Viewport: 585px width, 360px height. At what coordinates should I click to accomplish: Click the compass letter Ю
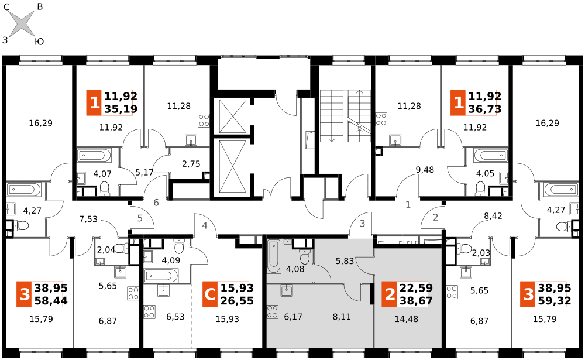tap(39, 41)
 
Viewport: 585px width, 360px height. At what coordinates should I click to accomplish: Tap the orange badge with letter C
tap(210, 294)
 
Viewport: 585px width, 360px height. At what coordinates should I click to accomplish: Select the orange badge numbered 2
tap(389, 294)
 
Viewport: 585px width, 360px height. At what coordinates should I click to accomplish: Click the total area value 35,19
tap(121, 109)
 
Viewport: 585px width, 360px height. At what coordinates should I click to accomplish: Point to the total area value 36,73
tap(484, 109)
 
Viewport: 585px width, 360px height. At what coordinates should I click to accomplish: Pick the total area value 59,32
tap(555, 301)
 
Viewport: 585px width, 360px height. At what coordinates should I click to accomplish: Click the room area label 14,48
tap(407, 319)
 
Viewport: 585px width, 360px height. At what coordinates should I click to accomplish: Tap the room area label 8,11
tap(342, 317)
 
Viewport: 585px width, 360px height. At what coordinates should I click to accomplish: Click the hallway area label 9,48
tap(425, 170)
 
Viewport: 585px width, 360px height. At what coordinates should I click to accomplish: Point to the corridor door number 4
tap(205, 225)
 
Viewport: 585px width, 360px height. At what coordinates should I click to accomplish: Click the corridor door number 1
tap(408, 205)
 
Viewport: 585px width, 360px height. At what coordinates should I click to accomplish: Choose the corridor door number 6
tap(156, 203)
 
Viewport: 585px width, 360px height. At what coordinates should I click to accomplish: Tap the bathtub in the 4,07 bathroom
tap(94, 155)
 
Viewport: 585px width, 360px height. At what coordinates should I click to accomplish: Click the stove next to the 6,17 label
tap(273, 312)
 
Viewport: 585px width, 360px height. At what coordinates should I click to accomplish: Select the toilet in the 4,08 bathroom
tap(305, 256)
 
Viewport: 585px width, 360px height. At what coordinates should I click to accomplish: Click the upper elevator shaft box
tap(233, 116)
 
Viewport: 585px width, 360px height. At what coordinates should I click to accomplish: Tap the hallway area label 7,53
tap(88, 219)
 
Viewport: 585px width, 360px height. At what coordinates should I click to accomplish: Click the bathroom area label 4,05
tap(486, 173)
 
